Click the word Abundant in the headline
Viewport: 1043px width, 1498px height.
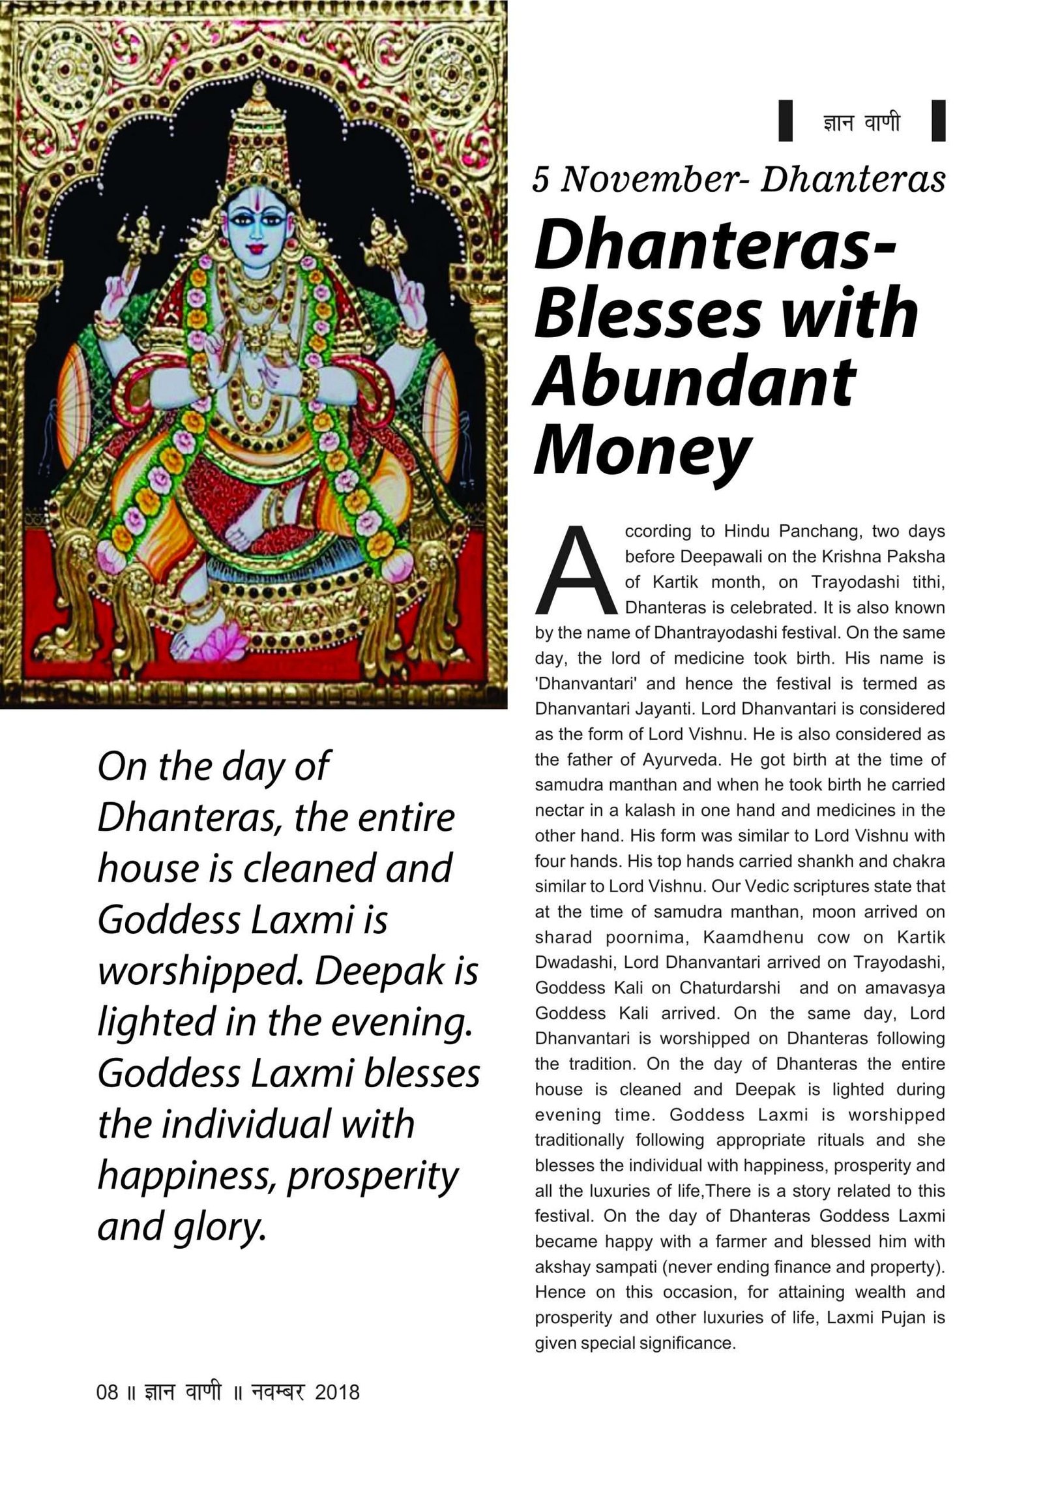point(694,381)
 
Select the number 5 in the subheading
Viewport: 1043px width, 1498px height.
point(540,179)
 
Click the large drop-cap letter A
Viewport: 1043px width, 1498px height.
point(575,571)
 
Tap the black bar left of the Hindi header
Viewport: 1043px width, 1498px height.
point(786,121)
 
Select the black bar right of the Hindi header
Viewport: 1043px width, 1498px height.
point(938,121)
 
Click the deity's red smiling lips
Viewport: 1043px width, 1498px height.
point(254,248)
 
